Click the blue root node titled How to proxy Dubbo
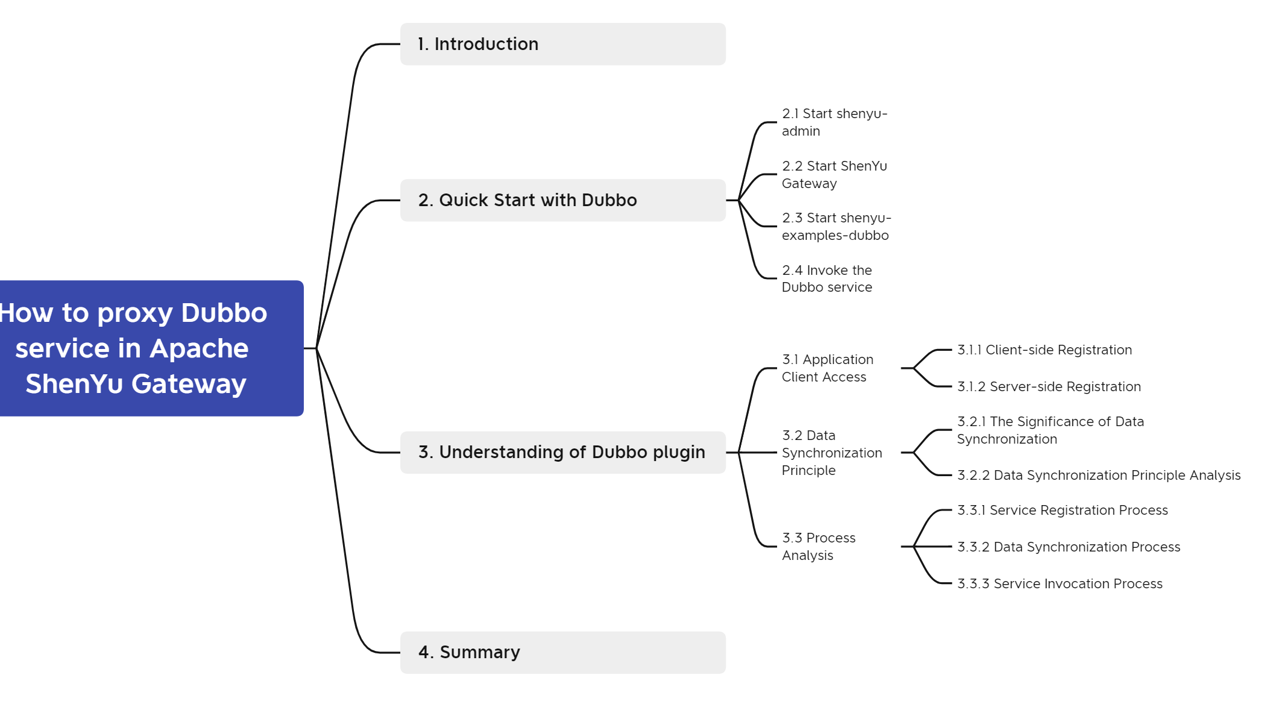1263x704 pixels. [151, 348]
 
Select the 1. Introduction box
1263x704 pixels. [562, 44]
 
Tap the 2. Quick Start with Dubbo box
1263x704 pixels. [562, 200]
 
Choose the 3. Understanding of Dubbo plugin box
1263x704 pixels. [562, 452]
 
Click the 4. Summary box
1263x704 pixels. [562, 652]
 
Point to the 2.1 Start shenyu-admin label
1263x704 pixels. [834, 122]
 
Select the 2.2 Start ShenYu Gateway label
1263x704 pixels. [834, 175]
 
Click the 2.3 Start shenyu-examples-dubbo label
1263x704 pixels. [836, 227]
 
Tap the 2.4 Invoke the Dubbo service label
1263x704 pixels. [827, 278]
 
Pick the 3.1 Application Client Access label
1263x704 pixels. [827, 368]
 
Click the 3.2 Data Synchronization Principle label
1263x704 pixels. [831, 453]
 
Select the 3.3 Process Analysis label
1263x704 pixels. [818, 547]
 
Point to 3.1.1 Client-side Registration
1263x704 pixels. [1044, 350]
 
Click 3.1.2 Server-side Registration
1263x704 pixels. [1049, 387]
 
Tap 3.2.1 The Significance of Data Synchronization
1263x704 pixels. [1050, 430]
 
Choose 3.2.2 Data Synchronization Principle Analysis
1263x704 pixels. [1098, 476]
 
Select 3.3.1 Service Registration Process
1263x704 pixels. [1062, 511]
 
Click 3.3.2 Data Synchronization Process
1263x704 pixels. [1068, 547]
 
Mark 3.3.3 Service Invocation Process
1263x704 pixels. [1060, 584]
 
